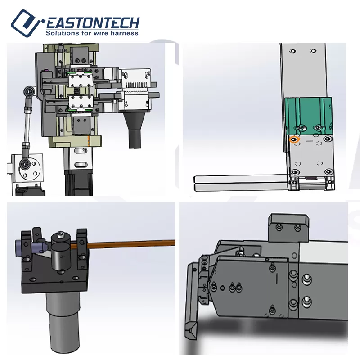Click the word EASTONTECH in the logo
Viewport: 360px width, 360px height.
point(93,23)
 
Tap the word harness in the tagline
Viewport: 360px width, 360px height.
point(125,33)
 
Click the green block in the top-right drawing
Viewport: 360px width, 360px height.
point(308,116)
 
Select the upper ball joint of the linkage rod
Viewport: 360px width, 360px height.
point(29,91)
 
